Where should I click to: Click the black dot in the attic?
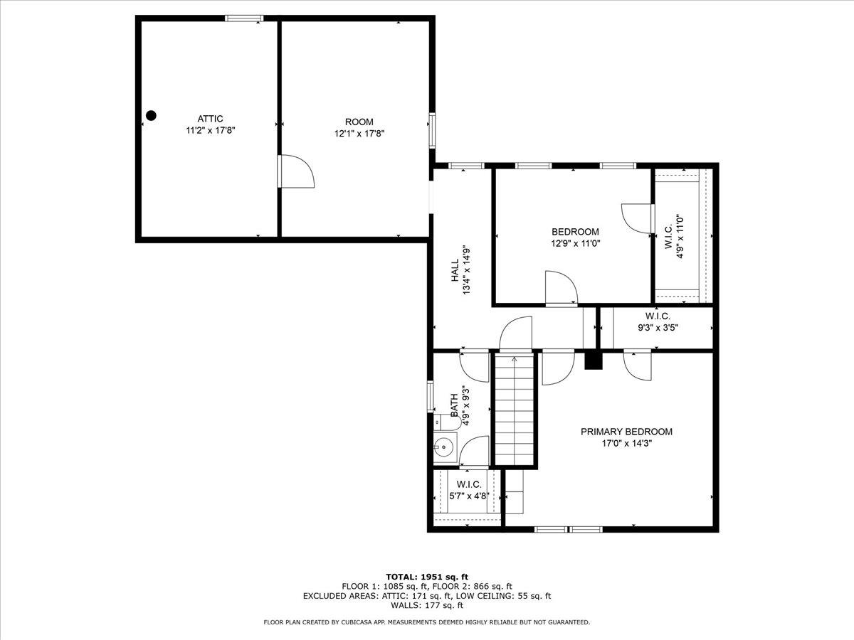tap(152, 115)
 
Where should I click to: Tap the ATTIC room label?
tap(210, 119)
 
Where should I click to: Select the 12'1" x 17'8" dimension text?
tap(359, 134)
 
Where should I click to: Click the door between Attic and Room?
tap(295, 171)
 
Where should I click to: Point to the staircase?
tap(515, 410)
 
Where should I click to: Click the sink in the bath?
tap(444, 448)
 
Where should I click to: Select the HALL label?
tap(455, 270)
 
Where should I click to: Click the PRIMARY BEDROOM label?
tap(626, 432)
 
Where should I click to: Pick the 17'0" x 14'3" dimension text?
tap(627, 443)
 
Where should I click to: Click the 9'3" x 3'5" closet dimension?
tap(658, 328)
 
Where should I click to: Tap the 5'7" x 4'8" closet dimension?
tap(469, 496)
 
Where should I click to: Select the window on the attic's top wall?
tap(244, 18)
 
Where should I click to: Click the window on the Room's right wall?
tap(432, 131)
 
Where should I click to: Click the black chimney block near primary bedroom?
tap(594, 361)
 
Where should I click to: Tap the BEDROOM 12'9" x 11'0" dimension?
tap(576, 244)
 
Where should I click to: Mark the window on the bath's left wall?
tap(431, 396)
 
